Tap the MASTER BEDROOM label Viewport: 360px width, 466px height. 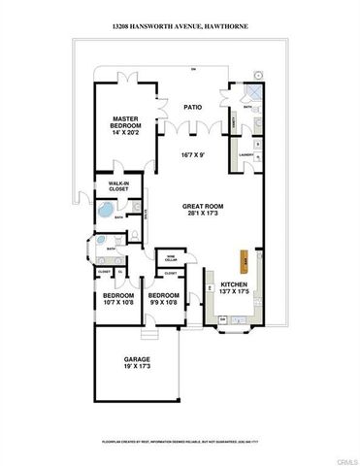(x=127, y=121)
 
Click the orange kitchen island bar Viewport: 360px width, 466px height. (x=246, y=262)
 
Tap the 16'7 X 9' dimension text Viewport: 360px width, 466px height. (x=198, y=154)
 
